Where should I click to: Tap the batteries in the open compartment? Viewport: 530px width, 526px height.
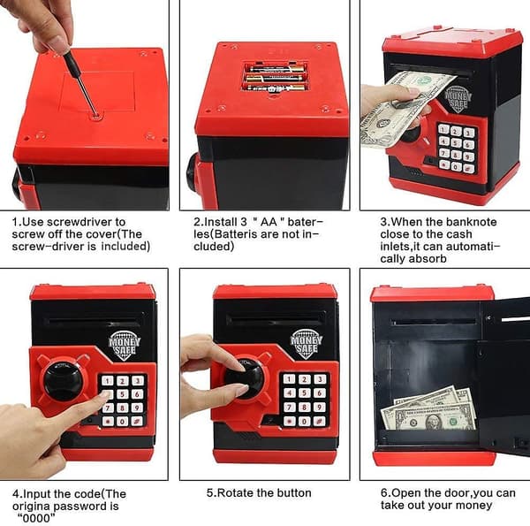pyautogui.click(x=276, y=78)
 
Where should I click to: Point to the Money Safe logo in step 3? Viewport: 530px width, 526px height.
pyautogui.click(x=458, y=99)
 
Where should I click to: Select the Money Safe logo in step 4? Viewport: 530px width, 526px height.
pyautogui.click(x=124, y=345)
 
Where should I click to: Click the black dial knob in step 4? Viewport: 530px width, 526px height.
pyautogui.click(x=64, y=381)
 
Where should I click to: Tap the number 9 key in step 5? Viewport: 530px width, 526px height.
pyautogui.click(x=319, y=407)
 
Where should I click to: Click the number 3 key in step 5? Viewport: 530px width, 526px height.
pyautogui.click(x=320, y=379)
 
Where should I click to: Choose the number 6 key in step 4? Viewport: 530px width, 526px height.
pyautogui.click(x=137, y=394)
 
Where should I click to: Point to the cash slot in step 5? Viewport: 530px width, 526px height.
pyautogui.click(x=276, y=319)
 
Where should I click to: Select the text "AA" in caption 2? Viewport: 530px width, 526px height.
pyautogui.click(x=269, y=222)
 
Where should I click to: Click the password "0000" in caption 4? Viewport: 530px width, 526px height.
pyautogui.click(x=36, y=517)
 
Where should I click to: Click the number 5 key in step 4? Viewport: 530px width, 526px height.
pyautogui.click(x=123, y=394)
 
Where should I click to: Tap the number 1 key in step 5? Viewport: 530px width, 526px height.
pyautogui.click(x=289, y=379)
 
